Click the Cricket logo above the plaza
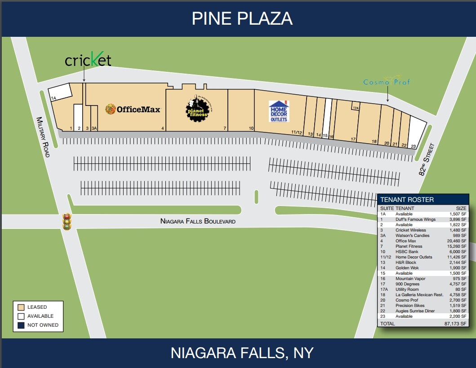pos(88,60)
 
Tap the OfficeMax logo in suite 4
pos(133,109)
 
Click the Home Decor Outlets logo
pos(279,111)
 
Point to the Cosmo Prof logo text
pos(387,82)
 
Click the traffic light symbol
pos(67,221)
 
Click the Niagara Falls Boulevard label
pos(198,221)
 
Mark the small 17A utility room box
pos(355,108)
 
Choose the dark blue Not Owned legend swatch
pos(21,325)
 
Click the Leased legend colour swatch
pos(21,307)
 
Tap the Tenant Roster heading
pos(407,200)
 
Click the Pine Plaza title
pos(242,19)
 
